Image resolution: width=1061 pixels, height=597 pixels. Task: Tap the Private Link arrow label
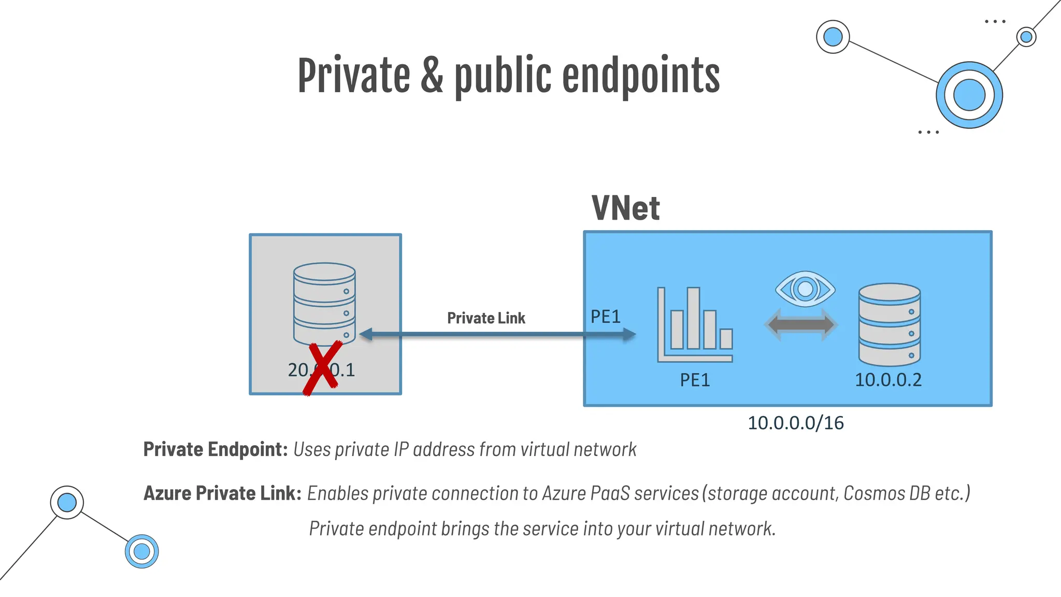(486, 318)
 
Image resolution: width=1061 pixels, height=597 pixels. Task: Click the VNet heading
(625, 208)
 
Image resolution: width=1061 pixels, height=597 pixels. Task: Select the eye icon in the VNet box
(805, 289)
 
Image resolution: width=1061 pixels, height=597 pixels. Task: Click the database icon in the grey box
(324, 303)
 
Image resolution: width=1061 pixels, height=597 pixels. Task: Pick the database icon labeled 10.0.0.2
(890, 324)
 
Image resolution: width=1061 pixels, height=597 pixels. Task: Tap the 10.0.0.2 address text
(888, 380)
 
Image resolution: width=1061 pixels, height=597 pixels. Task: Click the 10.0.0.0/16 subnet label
(795, 423)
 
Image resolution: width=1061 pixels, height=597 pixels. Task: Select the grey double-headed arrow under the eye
(801, 325)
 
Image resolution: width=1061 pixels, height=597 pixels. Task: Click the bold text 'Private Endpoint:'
(216, 449)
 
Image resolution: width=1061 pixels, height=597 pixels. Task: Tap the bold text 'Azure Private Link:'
(222, 493)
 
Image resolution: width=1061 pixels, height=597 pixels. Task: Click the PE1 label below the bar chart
(695, 380)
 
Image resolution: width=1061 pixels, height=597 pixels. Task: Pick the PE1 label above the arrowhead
(605, 317)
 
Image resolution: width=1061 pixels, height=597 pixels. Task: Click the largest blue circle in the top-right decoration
(969, 95)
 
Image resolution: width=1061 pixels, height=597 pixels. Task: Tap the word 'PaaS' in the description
(612, 493)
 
